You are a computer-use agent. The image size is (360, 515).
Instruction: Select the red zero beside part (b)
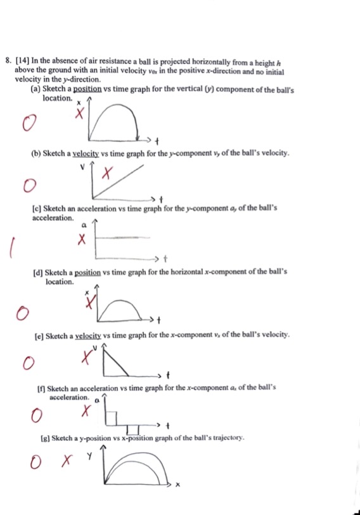coord(27,185)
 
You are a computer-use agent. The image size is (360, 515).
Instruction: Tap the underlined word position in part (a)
coord(89,90)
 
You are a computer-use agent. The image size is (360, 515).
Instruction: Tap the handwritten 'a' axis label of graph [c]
coord(84,224)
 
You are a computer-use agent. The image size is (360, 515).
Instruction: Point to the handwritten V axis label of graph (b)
coord(82,167)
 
